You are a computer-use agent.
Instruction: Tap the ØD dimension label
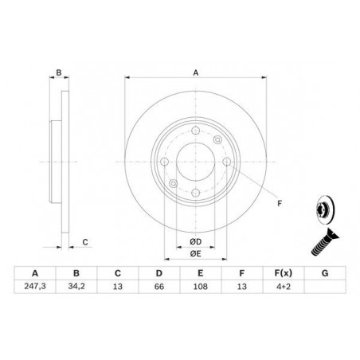coord(194,241)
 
